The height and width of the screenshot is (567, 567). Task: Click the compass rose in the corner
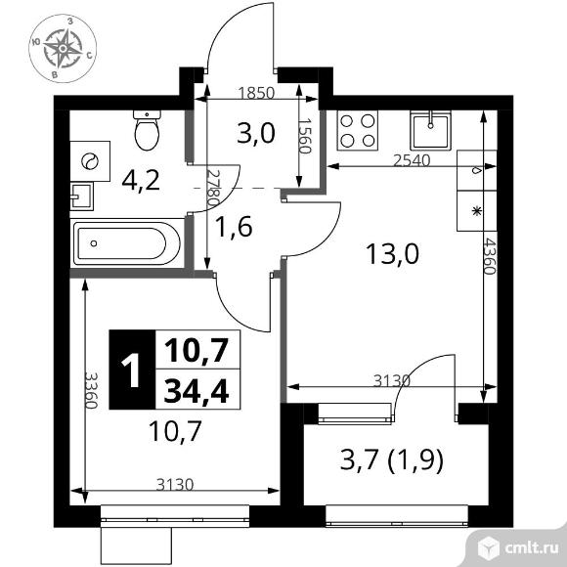tap(63, 48)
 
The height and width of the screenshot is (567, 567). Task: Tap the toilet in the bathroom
tap(147, 130)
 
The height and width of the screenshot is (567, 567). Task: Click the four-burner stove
tap(358, 131)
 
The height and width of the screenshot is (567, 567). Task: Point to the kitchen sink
tap(431, 130)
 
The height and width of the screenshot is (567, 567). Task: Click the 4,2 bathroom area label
tap(141, 181)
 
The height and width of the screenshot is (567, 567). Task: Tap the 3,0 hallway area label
tap(256, 133)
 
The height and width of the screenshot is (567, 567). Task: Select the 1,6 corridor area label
tap(234, 227)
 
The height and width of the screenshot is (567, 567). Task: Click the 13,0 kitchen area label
tap(392, 253)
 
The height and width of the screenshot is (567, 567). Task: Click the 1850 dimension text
tap(256, 93)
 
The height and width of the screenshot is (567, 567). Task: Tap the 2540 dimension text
tap(412, 160)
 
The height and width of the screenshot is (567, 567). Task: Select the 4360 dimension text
tap(489, 256)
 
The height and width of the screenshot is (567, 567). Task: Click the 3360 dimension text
tap(91, 390)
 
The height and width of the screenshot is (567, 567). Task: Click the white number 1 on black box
tap(131, 370)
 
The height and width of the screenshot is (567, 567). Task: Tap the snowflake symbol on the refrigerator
tap(477, 211)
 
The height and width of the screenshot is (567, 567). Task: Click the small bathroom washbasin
tap(81, 196)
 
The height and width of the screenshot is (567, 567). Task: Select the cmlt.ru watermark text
tap(531, 548)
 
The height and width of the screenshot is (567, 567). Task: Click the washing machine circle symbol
tap(90, 161)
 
